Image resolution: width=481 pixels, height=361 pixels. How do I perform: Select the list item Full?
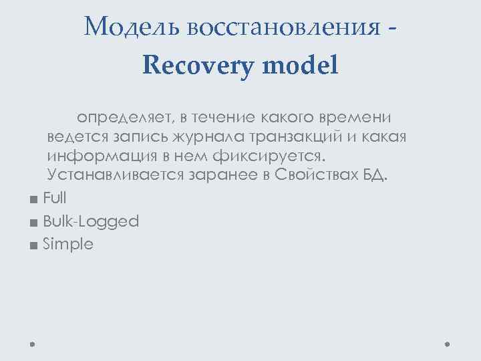tap(54, 198)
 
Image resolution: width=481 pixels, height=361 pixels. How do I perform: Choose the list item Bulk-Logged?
tap(90, 221)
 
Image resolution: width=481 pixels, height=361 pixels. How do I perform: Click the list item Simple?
tap(67, 245)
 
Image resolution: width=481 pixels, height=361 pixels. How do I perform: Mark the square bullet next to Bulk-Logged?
tap(33, 223)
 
